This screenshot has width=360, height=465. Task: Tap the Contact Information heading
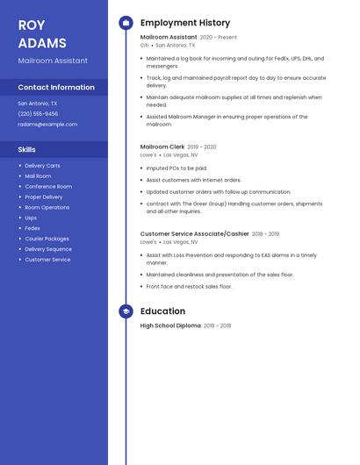coord(56,87)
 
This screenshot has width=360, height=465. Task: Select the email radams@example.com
coord(47,124)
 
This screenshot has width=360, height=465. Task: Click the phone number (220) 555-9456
coord(38,113)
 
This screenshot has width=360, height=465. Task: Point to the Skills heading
coord(27,149)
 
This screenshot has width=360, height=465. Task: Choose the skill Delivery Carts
coord(42,166)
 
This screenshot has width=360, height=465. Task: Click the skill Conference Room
coord(48,187)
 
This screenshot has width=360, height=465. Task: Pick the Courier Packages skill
coord(47,239)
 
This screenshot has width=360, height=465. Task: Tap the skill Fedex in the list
coord(32,228)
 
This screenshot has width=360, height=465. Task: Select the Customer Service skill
coord(47,260)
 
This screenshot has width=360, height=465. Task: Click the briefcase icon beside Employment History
coord(126,23)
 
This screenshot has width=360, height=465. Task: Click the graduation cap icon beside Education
coord(126,311)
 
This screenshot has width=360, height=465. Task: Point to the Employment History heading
coord(185,23)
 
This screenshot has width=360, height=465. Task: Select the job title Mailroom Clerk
coord(162,147)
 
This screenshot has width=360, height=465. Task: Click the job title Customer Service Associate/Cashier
coord(194,233)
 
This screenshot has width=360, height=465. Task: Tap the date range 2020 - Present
coord(219,38)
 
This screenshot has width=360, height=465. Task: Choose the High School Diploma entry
coord(170,325)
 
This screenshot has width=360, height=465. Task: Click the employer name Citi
coord(145,45)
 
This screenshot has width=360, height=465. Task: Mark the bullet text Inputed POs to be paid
coord(177,168)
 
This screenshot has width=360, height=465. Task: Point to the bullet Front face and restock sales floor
coord(189,286)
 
